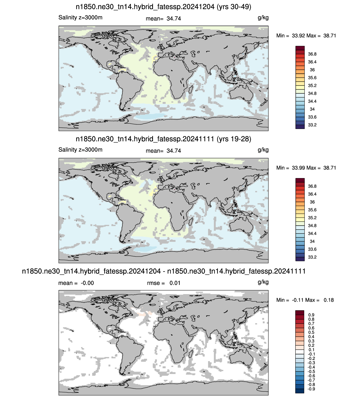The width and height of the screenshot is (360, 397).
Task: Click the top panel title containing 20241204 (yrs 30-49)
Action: [163, 7]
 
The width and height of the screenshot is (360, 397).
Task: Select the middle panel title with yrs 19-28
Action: [163, 139]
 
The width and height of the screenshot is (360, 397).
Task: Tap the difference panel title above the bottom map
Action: [164, 271]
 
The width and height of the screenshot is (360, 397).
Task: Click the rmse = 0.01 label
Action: [164, 283]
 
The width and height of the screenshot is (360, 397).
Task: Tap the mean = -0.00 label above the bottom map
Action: [76, 283]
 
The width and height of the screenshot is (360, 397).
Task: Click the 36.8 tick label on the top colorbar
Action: [312, 54]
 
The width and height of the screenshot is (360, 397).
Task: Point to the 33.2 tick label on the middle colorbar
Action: [312, 257]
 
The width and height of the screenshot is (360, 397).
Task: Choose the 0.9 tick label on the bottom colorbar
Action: [311, 315]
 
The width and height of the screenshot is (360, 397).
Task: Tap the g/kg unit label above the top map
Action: [263, 18]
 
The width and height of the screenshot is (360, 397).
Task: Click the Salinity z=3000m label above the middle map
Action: [80, 150]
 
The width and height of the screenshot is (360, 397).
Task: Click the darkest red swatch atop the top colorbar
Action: [300, 48]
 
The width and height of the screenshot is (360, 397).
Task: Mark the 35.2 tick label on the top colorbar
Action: [312, 86]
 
